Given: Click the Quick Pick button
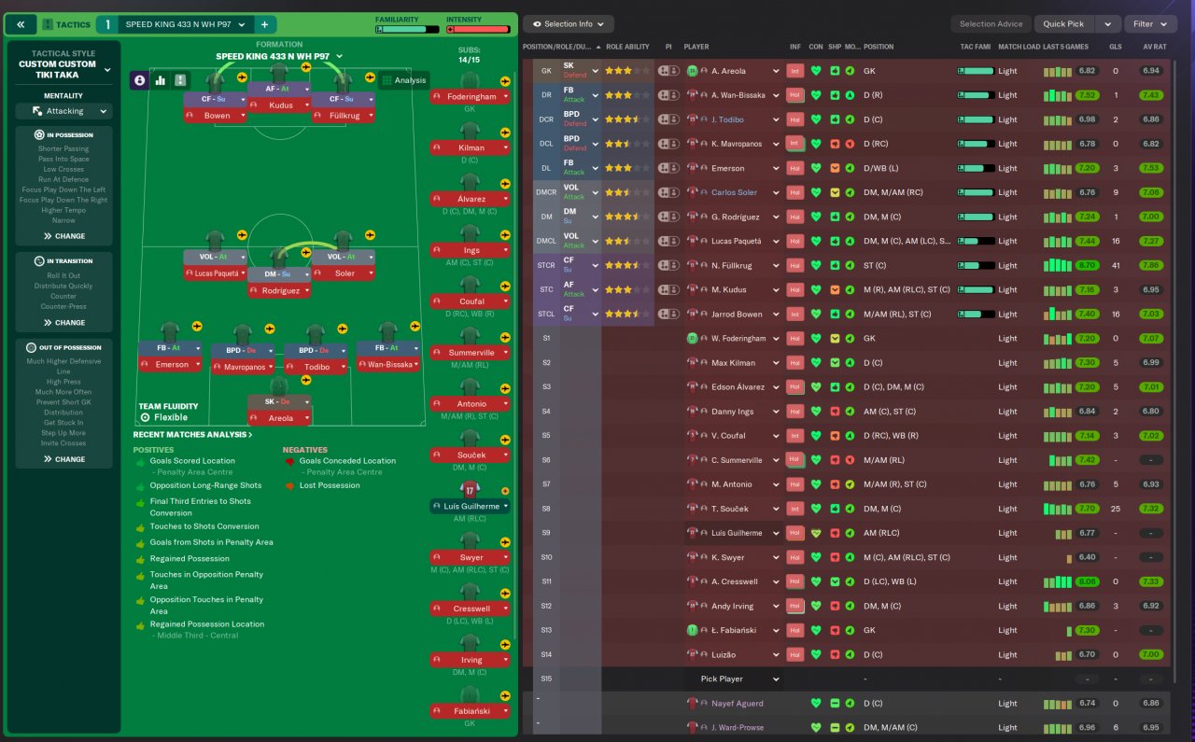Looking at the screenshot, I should point(1063,24).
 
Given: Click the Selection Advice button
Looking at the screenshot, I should point(990,24).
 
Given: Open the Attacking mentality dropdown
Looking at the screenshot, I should point(64,111).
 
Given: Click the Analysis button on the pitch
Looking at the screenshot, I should point(404,80).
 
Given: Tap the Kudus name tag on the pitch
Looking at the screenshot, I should point(280,105).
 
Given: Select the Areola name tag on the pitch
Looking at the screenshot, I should point(280,419).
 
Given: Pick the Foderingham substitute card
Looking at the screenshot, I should point(471,96).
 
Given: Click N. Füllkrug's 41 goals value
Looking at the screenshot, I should point(1115,266).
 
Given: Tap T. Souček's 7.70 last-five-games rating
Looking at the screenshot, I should point(1086,510).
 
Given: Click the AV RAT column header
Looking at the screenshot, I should point(1154,47).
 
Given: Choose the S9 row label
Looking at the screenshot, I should point(546,533).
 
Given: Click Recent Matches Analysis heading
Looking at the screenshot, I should point(192,435).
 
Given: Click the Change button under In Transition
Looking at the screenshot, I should point(63,323).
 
